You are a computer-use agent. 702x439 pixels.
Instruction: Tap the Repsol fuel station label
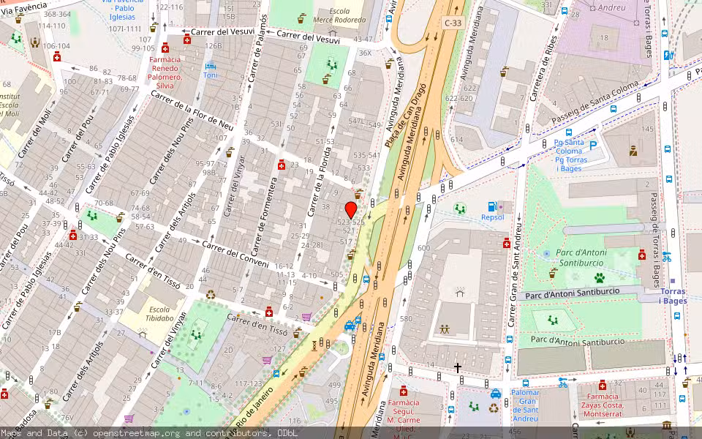coord(492,217)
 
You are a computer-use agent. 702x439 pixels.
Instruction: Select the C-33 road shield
coord(453,23)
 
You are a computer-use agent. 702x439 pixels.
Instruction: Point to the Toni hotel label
coord(211,75)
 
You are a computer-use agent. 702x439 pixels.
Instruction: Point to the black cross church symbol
coord(458,367)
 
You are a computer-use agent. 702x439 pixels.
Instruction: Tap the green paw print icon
coord(599,278)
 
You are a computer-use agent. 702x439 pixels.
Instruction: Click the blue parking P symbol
coord(593,146)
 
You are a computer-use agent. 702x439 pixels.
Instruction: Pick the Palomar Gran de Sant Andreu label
coord(525,405)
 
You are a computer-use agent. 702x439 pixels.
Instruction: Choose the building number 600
coord(423,248)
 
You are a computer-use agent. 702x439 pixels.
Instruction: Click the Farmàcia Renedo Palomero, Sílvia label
coord(165,72)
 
